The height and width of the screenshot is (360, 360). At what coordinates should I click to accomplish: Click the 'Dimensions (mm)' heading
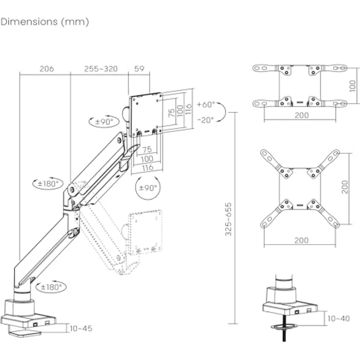pos(45,22)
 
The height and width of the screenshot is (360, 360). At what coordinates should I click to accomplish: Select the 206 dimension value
pos(46,69)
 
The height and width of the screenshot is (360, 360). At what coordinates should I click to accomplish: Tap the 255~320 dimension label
pos(101,69)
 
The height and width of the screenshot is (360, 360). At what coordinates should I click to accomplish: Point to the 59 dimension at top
pos(139,69)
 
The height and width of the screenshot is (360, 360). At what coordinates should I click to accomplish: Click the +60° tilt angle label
pos(205,105)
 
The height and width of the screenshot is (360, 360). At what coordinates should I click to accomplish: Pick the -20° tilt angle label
pos(205,120)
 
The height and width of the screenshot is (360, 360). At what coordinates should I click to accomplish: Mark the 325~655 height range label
pos(228,219)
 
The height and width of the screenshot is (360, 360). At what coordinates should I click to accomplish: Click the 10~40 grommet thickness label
pos(338,318)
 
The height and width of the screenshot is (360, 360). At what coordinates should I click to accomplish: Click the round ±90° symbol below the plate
pos(147,188)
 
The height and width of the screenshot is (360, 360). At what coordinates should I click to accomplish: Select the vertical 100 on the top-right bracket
pos(353,86)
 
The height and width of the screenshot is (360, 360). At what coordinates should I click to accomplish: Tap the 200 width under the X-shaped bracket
pos(302,240)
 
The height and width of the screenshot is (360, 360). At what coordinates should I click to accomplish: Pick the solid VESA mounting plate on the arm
pos(146,113)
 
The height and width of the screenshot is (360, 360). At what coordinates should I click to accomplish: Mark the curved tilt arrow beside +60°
pos(221,112)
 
